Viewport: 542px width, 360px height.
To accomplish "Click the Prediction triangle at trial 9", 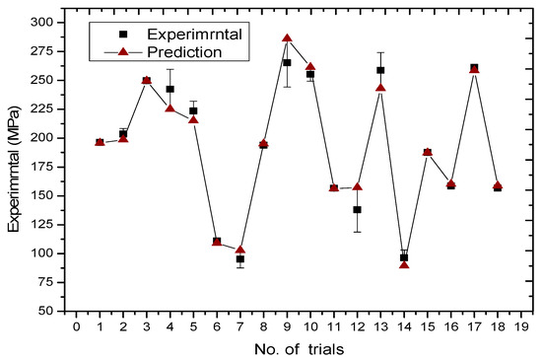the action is point(287,38).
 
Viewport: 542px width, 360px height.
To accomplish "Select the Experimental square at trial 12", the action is point(357,209).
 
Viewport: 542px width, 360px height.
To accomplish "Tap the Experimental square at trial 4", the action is point(170,89).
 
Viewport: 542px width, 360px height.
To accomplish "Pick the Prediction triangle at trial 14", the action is point(404,265).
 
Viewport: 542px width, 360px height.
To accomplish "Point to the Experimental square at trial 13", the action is point(380,70).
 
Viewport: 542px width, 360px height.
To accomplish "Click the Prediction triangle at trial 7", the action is point(240,250).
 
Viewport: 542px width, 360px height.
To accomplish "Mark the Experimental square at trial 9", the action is point(287,62).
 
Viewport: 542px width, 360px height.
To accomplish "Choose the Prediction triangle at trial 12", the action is point(357,186).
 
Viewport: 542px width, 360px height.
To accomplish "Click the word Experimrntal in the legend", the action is point(194,35).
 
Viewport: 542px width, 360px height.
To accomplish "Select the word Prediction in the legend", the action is point(184,52).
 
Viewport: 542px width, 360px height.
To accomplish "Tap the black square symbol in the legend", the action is point(123,34).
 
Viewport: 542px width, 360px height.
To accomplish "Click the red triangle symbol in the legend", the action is point(123,52).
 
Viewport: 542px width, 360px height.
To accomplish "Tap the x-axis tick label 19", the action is point(521,326).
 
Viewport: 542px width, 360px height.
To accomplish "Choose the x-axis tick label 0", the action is point(77,326).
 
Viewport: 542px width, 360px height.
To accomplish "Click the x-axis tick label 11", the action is point(334,326).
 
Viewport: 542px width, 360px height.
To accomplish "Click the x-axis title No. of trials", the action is point(300,349).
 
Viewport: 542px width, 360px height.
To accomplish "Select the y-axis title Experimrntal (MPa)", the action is point(15,170).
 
